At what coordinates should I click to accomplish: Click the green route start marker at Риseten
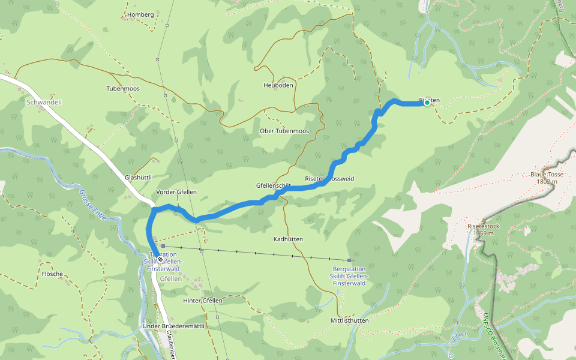click(x=427, y=103)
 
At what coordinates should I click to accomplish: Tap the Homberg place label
click(x=141, y=14)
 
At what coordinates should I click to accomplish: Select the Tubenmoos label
click(x=123, y=88)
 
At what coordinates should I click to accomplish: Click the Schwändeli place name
click(x=44, y=102)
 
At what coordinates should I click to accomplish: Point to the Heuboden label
click(x=278, y=85)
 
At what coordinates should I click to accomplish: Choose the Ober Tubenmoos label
click(x=284, y=131)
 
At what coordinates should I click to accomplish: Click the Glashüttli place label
click(x=137, y=178)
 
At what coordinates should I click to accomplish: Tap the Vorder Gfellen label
click(x=176, y=192)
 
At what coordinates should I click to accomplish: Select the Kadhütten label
click(x=288, y=239)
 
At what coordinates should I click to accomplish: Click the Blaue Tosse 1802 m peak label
click(x=547, y=178)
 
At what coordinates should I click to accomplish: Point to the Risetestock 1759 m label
click(x=484, y=230)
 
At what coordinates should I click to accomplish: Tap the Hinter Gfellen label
click(x=203, y=300)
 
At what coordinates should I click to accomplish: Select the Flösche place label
click(x=52, y=274)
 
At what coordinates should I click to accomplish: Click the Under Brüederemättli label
click(x=165, y=326)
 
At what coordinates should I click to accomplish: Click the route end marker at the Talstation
click(x=160, y=259)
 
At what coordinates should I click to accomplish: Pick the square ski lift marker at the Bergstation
click(x=349, y=260)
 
